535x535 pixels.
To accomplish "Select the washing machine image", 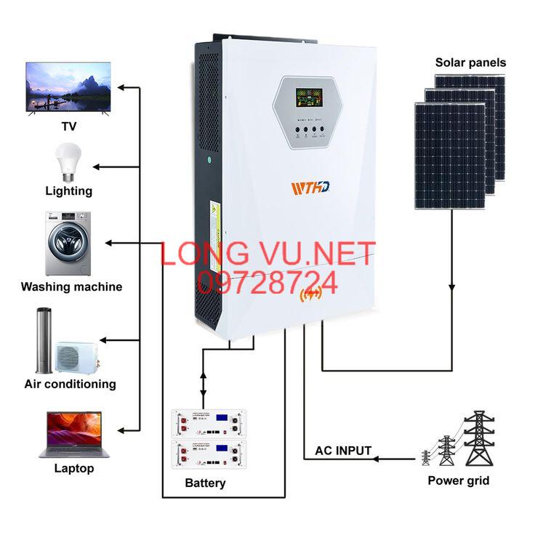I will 68,244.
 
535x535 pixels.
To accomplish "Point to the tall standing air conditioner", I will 42,340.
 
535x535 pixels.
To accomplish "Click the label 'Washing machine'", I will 71,286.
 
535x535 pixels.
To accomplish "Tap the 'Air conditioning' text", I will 70,384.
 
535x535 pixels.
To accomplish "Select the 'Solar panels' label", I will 470,63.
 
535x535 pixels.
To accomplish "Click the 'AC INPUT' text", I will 343,451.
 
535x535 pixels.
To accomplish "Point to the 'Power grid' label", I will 458,480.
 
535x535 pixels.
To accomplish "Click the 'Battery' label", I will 205,483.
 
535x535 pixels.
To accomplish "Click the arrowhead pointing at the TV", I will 121,87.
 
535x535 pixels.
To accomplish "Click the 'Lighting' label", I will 68,191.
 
